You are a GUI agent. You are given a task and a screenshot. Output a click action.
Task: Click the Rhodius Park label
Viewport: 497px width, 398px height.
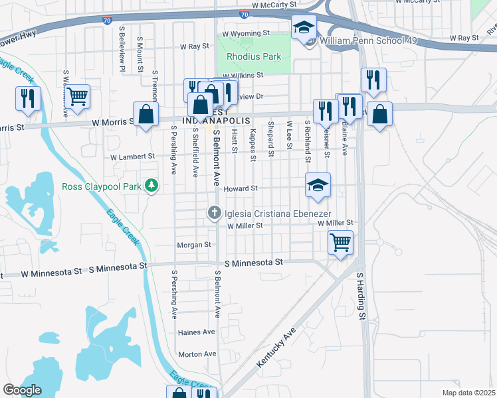254,57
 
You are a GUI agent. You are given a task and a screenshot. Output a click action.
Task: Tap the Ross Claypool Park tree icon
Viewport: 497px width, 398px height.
152,186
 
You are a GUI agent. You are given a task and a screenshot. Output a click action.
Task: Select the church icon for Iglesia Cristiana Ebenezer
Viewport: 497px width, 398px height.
214,213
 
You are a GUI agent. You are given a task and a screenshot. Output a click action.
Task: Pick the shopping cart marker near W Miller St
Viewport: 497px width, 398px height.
341,243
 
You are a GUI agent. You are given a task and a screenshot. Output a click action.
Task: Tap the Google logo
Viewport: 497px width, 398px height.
23,389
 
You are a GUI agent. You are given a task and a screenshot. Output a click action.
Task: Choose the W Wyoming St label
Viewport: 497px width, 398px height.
246,33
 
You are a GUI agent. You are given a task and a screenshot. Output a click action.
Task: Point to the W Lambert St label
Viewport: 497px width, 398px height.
132,157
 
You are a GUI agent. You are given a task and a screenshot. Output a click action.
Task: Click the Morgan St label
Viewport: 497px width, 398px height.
194,245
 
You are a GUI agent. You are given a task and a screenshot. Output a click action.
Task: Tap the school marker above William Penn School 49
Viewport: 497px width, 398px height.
304,27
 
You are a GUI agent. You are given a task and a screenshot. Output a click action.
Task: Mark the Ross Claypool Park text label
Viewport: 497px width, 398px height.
102,187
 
